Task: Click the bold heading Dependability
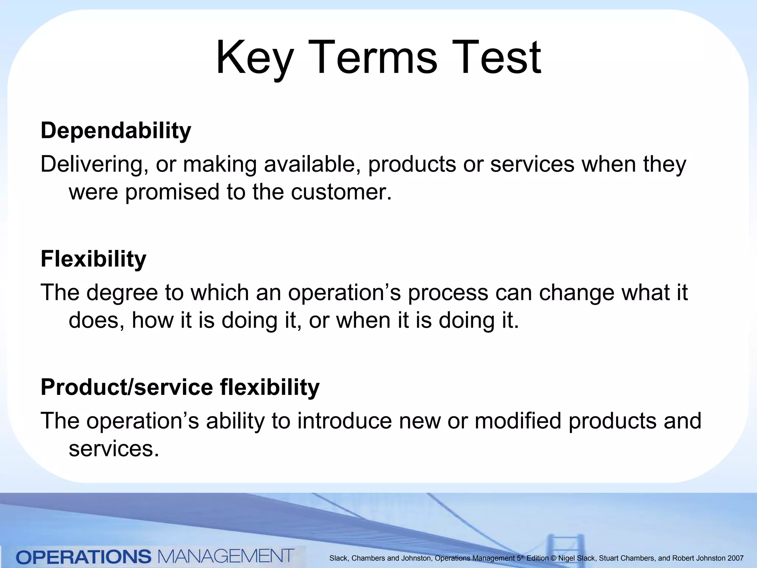[116, 131]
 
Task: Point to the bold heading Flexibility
[93, 259]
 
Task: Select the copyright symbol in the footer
[553, 558]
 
